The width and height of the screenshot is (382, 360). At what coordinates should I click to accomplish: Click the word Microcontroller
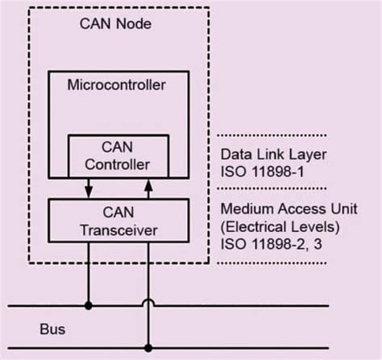pyautogui.click(x=118, y=85)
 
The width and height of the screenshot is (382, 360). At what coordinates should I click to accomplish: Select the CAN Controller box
pyautogui.click(x=118, y=155)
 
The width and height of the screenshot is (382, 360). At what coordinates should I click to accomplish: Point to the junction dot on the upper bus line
pyautogui.click(x=87, y=306)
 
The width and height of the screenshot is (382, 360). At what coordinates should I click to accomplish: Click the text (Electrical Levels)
pyautogui.click(x=272, y=225)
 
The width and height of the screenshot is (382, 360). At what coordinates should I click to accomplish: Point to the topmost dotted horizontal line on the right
pyautogui.click(x=273, y=135)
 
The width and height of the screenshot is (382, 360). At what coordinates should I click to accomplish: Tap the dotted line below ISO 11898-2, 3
pyautogui.click(x=273, y=261)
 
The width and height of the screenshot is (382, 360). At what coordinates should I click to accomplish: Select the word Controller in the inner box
pyautogui.click(x=118, y=164)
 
